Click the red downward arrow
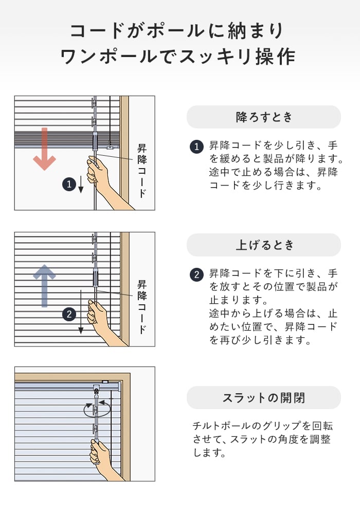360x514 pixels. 45,149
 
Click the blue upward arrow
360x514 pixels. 45,285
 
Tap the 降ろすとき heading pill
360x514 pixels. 264,117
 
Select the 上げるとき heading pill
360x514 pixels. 264,245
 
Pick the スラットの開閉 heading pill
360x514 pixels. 264,398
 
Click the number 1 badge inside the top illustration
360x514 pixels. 69,184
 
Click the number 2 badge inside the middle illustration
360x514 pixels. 69,315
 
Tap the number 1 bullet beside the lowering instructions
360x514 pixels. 196,146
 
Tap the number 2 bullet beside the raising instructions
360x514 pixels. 196,274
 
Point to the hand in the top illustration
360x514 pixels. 102,179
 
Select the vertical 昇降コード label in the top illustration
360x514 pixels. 141,171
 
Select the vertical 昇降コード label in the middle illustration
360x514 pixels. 141,307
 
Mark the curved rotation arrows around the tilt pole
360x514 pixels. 97,409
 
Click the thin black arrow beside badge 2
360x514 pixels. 81,312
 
